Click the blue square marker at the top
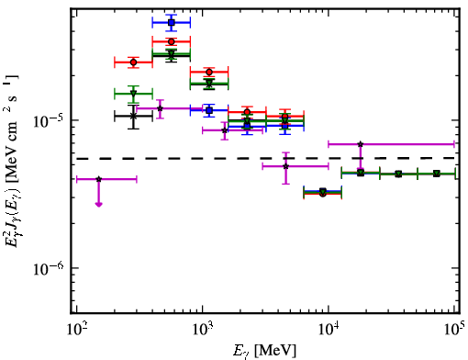tap(172, 22)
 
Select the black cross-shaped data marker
tap(133, 116)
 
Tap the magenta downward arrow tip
tap(98, 205)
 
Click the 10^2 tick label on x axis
tap(76, 330)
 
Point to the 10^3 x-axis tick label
tap(202, 330)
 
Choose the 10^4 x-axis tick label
tap(329, 330)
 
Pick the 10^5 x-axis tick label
tap(455, 330)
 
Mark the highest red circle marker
tap(172, 41)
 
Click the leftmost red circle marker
tap(133, 62)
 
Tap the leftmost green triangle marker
tap(133, 94)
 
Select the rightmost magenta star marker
tap(361, 144)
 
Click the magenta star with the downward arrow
tap(98, 179)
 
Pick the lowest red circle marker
tap(323, 194)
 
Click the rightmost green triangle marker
tap(437, 174)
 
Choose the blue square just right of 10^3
tap(209, 110)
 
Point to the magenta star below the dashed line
tap(285, 166)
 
